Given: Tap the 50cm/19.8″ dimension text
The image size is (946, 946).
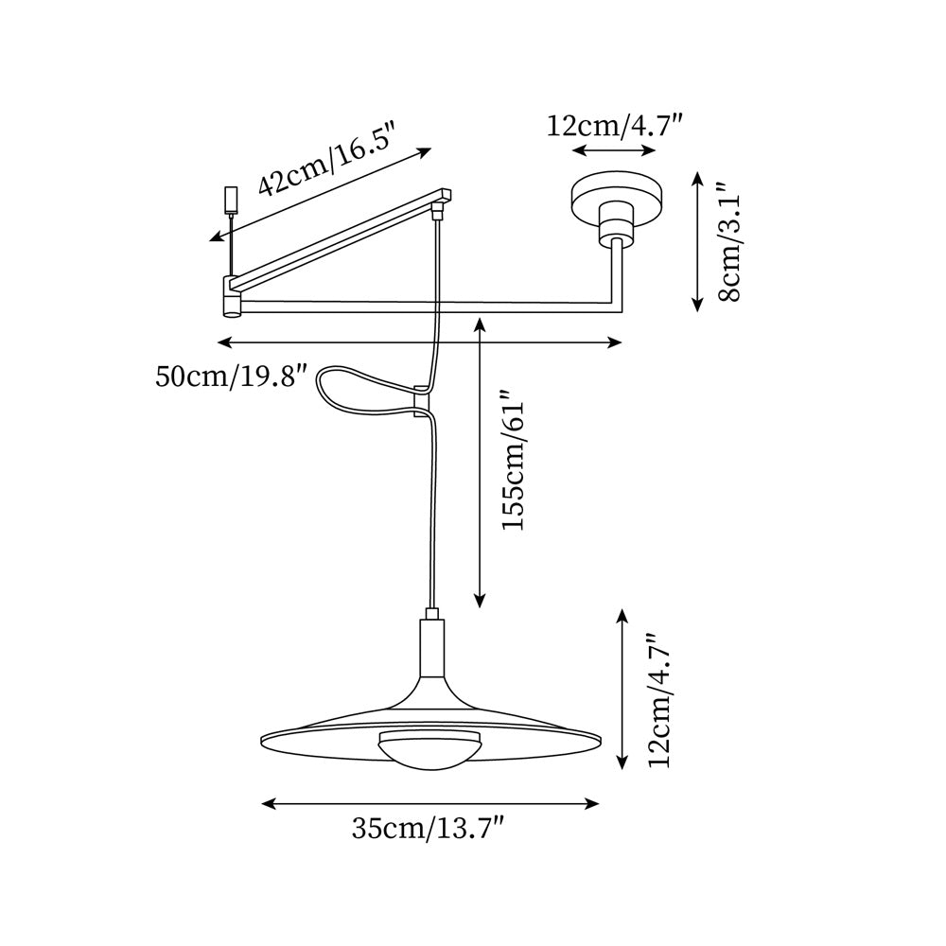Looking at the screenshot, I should click(x=232, y=377).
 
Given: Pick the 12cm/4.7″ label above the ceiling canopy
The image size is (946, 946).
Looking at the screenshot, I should click(x=614, y=125).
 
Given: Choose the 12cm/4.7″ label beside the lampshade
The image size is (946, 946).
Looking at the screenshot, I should click(x=658, y=700).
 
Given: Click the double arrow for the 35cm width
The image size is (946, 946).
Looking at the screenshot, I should click(x=430, y=804).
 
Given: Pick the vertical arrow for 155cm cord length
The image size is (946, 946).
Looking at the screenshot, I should click(x=481, y=464).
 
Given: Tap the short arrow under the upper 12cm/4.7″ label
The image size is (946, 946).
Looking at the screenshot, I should click(x=614, y=151).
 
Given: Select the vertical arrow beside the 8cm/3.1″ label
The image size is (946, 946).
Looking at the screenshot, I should click(x=697, y=241).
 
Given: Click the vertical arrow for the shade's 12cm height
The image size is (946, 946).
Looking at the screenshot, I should click(x=622, y=689).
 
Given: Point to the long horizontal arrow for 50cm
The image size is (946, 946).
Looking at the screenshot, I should click(x=420, y=342).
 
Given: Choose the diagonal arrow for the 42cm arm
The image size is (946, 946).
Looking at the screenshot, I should click(x=322, y=194).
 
